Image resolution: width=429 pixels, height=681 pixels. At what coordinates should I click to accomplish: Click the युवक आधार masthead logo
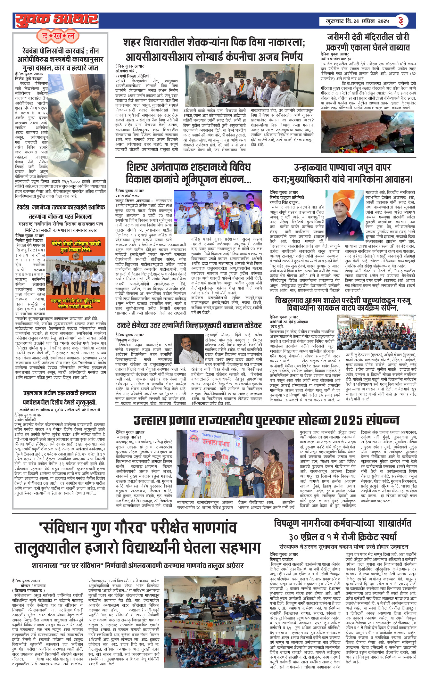coord(57,20)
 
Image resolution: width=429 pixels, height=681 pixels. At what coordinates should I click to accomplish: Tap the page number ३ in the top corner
coord(400,21)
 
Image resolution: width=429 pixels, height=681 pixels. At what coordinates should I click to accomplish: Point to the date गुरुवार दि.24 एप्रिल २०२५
coord(357,21)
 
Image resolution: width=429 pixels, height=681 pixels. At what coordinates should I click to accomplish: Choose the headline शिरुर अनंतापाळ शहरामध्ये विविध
coord(188,168)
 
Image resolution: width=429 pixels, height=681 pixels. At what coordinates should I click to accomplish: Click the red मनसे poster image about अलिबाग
coord(76,273)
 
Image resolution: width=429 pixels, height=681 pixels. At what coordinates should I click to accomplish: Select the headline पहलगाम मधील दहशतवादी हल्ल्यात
coord(60,393)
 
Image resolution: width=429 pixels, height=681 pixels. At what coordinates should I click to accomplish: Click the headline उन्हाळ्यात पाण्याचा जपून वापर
coord(342,168)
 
